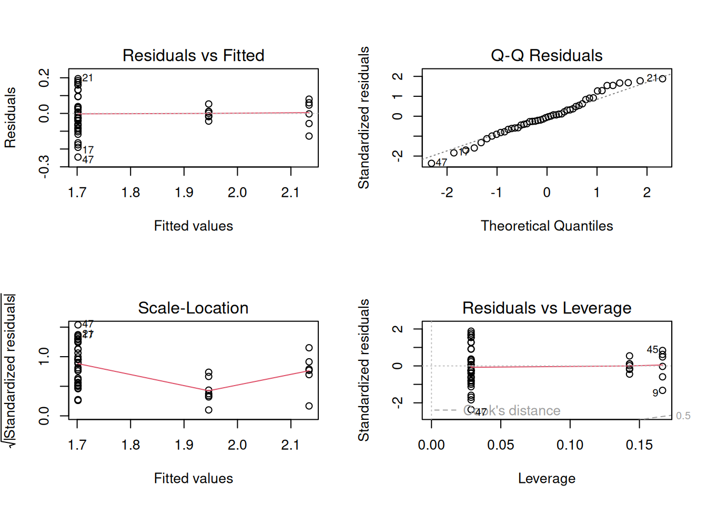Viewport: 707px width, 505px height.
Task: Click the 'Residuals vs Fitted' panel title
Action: [x=193, y=55]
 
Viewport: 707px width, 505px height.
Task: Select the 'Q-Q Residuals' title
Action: [x=547, y=55]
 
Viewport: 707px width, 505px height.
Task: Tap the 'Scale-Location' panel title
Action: [x=193, y=308]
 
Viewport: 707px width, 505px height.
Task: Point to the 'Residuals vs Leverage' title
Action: [x=547, y=308]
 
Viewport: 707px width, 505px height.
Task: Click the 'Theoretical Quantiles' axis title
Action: [x=547, y=226]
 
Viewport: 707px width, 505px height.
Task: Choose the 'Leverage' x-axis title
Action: [x=547, y=478]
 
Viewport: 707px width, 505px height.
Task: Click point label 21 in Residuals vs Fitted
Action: [x=88, y=78]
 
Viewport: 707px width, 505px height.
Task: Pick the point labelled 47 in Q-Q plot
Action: [x=431, y=164]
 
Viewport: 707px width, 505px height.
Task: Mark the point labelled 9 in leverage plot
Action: [x=662, y=390]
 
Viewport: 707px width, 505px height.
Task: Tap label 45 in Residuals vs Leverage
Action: [x=652, y=350]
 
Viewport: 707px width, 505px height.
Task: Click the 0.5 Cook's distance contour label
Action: [x=683, y=416]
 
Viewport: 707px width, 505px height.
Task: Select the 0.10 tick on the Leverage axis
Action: [x=570, y=445]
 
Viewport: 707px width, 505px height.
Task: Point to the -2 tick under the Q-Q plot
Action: [x=447, y=193]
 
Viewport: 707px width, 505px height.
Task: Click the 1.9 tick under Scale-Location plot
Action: [x=184, y=445]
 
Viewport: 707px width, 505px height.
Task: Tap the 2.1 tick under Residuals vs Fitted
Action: [x=290, y=193]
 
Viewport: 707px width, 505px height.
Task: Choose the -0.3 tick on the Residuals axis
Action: [x=44, y=166]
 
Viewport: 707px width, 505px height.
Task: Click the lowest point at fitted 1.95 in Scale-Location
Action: [x=209, y=410]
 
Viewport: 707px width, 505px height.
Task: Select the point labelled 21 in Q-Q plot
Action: [x=662, y=79]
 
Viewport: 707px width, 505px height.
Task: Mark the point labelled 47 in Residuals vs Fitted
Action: [x=78, y=157]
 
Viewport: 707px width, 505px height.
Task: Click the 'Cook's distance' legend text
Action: [x=512, y=410]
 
